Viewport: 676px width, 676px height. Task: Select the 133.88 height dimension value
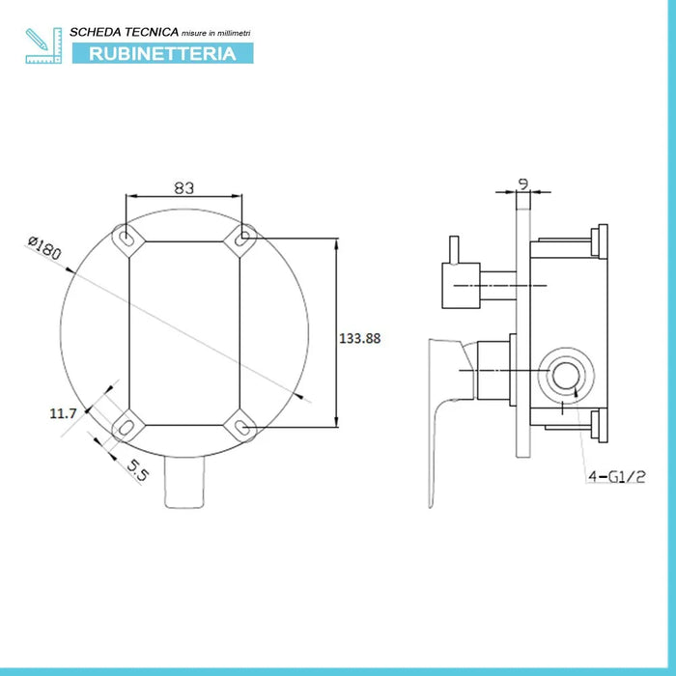tap(361, 338)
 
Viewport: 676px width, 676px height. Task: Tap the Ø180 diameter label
tap(45, 247)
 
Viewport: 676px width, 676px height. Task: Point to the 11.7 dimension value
tap(63, 413)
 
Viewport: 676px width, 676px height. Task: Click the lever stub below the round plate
tap(184, 483)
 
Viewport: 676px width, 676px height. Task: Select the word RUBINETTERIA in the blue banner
tap(162, 54)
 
